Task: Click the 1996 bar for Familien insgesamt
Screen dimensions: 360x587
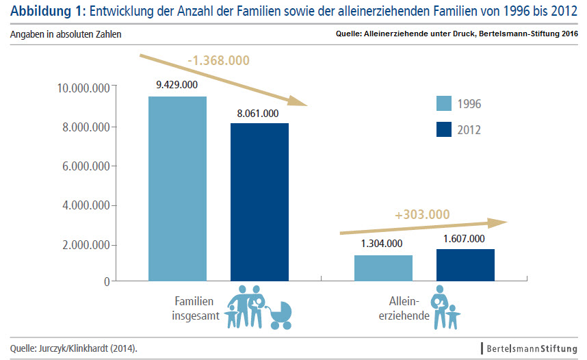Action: point(177,188)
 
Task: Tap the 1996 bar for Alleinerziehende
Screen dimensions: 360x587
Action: point(382,268)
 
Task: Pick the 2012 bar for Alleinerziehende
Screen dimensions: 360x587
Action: point(465,265)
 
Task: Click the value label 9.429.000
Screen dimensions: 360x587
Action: point(177,85)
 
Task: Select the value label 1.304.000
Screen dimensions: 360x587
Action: point(382,243)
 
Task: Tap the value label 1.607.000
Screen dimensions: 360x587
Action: point(465,239)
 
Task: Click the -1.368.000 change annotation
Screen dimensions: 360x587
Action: point(218,61)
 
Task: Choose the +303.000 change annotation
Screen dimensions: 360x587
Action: point(422,214)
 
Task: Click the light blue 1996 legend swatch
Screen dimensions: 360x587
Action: point(445,103)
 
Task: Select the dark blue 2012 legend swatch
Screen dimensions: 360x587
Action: point(445,128)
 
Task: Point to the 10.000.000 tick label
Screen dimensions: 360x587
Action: point(84,88)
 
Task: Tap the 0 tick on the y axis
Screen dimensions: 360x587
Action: point(107,281)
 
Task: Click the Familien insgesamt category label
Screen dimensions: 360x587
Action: point(194,309)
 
